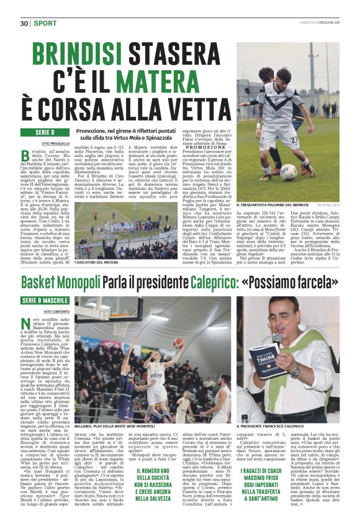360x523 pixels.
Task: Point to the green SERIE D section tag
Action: pos(45,133)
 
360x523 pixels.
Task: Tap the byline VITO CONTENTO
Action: pos(56,311)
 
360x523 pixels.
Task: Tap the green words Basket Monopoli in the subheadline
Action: pos(60,283)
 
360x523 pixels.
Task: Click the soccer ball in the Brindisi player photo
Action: pos(289,172)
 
